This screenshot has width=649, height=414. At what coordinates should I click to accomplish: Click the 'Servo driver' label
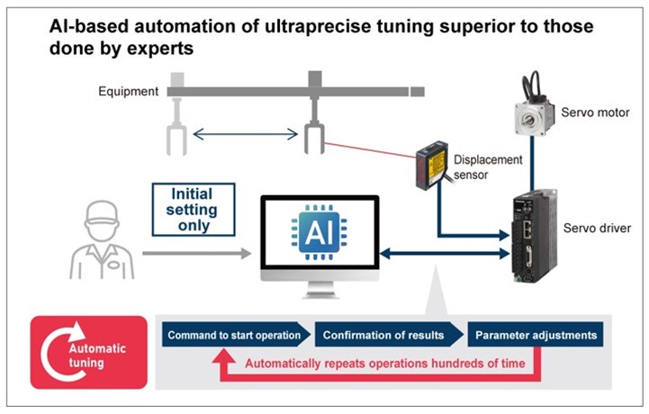click(x=598, y=229)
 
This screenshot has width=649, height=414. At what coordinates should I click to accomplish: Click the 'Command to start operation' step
click(x=233, y=335)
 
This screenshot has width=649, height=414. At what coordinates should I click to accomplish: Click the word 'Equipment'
click(x=130, y=91)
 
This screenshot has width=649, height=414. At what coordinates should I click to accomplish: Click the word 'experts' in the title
click(x=159, y=48)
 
